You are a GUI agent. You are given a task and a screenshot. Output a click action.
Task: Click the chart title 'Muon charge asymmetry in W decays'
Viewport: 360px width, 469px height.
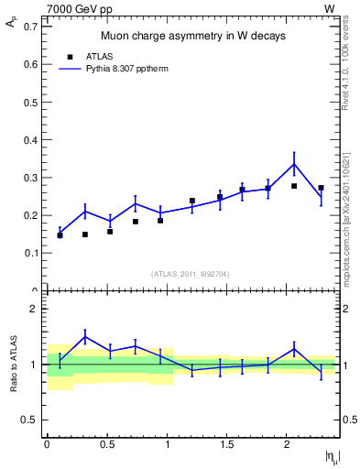pos(192,36)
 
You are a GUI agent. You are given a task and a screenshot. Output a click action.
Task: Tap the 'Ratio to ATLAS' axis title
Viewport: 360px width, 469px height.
pos(13,365)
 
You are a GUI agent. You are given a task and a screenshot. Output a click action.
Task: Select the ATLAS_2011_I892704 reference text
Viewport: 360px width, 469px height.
pos(191,273)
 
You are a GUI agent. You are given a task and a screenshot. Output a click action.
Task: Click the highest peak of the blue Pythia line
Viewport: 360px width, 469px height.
pos(294,164)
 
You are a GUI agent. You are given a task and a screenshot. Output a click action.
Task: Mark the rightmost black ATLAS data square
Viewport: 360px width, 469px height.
pos(321,188)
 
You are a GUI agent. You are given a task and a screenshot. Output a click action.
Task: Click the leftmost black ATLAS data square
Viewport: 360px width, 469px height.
pos(60,235)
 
